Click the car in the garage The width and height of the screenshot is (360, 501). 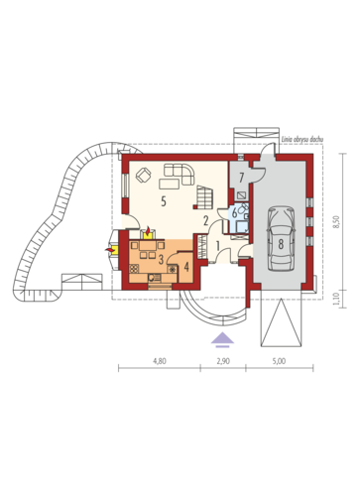point(281,238)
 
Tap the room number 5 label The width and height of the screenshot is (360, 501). point(164,200)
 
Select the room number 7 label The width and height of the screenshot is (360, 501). point(241,178)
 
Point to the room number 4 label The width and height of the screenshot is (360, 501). point(186,267)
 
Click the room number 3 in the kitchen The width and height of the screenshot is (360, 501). point(161,260)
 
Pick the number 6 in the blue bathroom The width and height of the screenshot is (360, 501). point(234,213)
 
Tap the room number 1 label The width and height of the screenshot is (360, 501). point(218,246)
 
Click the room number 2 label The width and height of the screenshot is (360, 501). point(205,220)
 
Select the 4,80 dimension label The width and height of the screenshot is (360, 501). point(160,361)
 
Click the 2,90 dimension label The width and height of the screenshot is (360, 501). point(223,361)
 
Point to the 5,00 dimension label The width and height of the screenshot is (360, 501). point(279,361)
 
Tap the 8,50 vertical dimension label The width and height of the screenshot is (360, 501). point(336,221)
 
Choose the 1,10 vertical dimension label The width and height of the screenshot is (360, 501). point(336,299)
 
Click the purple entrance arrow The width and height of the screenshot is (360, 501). point(222,339)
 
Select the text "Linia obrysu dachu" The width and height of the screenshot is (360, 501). point(301,139)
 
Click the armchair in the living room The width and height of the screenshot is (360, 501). point(144,175)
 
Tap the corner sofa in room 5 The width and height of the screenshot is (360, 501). point(180,173)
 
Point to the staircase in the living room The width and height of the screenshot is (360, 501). point(203,197)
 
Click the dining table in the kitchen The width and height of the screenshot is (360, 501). point(148,246)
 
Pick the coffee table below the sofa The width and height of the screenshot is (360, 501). point(170,184)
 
